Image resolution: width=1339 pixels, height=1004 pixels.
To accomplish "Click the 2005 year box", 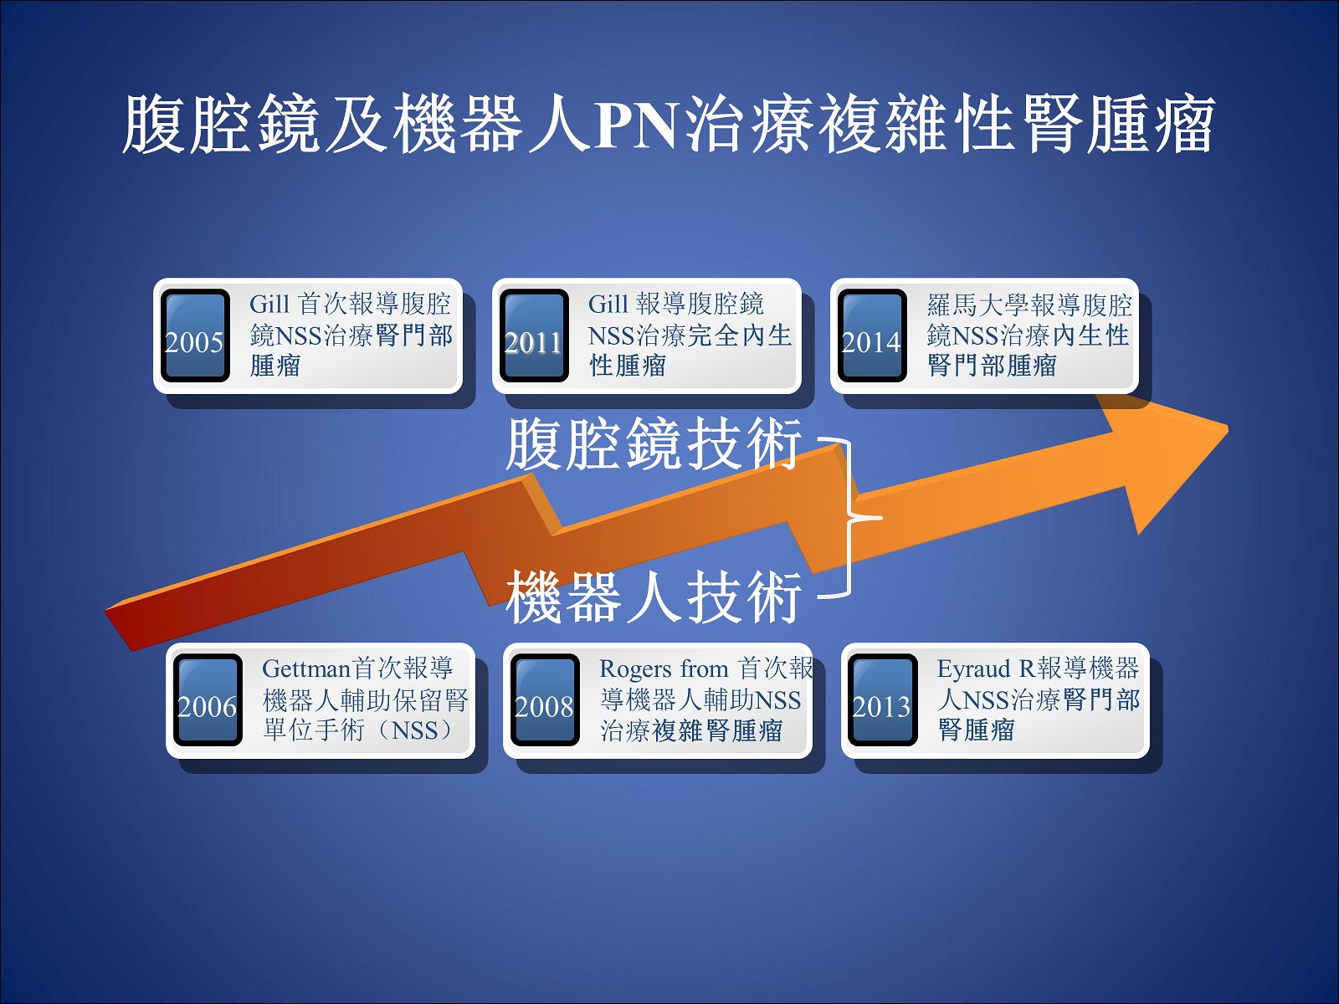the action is pyautogui.click(x=195, y=336).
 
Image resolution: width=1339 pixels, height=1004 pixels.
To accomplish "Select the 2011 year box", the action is pyautogui.click(x=535, y=336).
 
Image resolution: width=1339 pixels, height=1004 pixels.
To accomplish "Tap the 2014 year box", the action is pyautogui.click(x=872, y=336).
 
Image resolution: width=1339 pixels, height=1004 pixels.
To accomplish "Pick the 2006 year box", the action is pyautogui.click(x=208, y=699).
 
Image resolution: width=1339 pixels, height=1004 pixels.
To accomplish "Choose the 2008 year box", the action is pyautogui.click(x=546, y=699).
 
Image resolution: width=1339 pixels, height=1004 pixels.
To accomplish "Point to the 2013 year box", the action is pyautogui.click(x=883, y=699).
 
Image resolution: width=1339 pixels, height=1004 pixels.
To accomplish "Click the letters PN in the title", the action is pyautogui.click(x=636, y=125).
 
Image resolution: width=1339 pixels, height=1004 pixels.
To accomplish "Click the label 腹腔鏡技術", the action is pyautogui.click(x=654, y=443).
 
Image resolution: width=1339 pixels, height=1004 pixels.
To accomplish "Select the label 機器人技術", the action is pyautogui.click(x=654, y=597).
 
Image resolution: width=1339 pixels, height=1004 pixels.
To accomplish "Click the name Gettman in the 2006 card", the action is pyautogui.click(x=307, y=668).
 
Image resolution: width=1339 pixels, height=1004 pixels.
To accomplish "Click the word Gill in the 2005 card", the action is pyautogui.click(x=269, y=305).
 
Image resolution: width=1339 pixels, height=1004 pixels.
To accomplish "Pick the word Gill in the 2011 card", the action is pyautogui.click(x=608, y=305).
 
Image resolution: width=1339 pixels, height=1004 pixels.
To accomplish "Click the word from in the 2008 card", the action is pyautogui.click(x=704, y=668).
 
